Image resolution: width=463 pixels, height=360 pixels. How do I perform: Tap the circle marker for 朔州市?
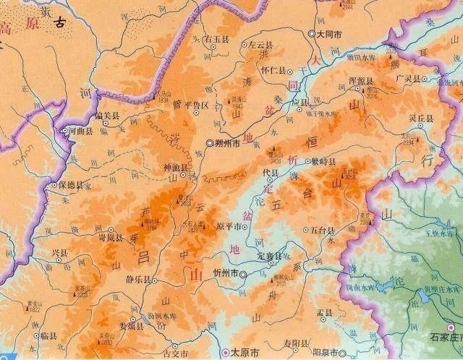pyautogui.click(x=210, y=143)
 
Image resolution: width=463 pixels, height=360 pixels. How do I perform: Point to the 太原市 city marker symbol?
pyautogui.click(x=226, y=353)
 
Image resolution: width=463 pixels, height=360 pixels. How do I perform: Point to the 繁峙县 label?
pyautogui.click(x=323, y=163)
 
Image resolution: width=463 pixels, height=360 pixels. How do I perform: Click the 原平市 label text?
pyautogui.click(x=229, y=226)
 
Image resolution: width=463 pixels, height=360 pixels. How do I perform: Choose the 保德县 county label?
pyautogui.click(x=70, y=185)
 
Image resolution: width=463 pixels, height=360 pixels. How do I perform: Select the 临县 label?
pyautogui.click(x=48, y=336)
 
